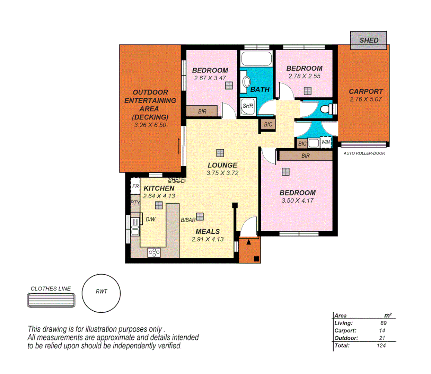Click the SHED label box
(368, 40)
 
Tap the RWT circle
(101, 293)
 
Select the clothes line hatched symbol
(51, 300)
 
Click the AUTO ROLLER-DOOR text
(364, 153)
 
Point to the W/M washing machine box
(326, 142)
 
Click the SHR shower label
(248, 106)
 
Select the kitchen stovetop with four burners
(154, 253)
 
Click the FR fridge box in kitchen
(135, 186)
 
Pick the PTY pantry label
(135, 203)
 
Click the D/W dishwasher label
(150, 219)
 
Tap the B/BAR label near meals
(188, 220)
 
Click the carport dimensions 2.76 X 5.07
(366, 99)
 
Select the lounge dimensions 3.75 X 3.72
(222, 173)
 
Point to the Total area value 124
(381, 346)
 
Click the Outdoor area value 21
(382, 338)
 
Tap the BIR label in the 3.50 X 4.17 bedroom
(305, 156)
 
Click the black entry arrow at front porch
(248, 242)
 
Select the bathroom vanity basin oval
(247, 82)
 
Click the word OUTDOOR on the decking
(150, 92)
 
